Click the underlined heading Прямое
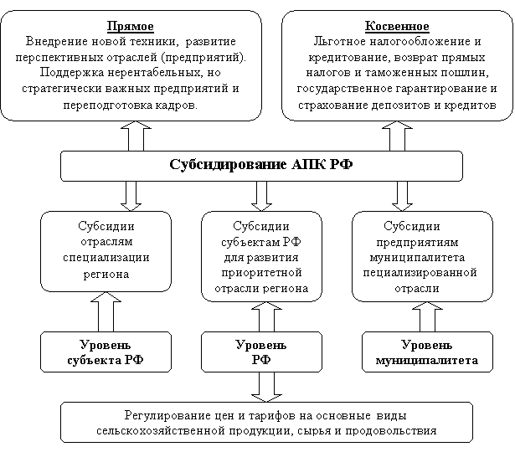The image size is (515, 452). (x=131, y=26)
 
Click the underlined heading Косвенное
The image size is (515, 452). (x=397, y=26)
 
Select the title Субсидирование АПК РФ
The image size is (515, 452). (x=261, y=164)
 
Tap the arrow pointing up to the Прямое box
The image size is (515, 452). (x=136, y=136)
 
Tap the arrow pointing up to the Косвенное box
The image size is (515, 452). (x=397, y=136)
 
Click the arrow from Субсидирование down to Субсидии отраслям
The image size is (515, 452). (x=131, y=196)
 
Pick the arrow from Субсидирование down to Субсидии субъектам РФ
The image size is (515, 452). (x=261, y=196)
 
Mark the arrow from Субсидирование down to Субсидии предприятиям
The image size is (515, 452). (x=402, y=196)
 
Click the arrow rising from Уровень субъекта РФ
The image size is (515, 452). (x=106, y=312)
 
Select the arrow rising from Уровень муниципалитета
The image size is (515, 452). (x=427, y=317)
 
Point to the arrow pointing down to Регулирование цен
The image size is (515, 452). (x=266, y=387)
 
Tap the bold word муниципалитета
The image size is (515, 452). (x=426, y=361)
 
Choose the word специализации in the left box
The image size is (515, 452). (x=106, y=258)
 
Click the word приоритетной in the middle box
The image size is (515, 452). (x=261, y=273)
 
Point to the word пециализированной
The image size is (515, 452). (x=420, y=273)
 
